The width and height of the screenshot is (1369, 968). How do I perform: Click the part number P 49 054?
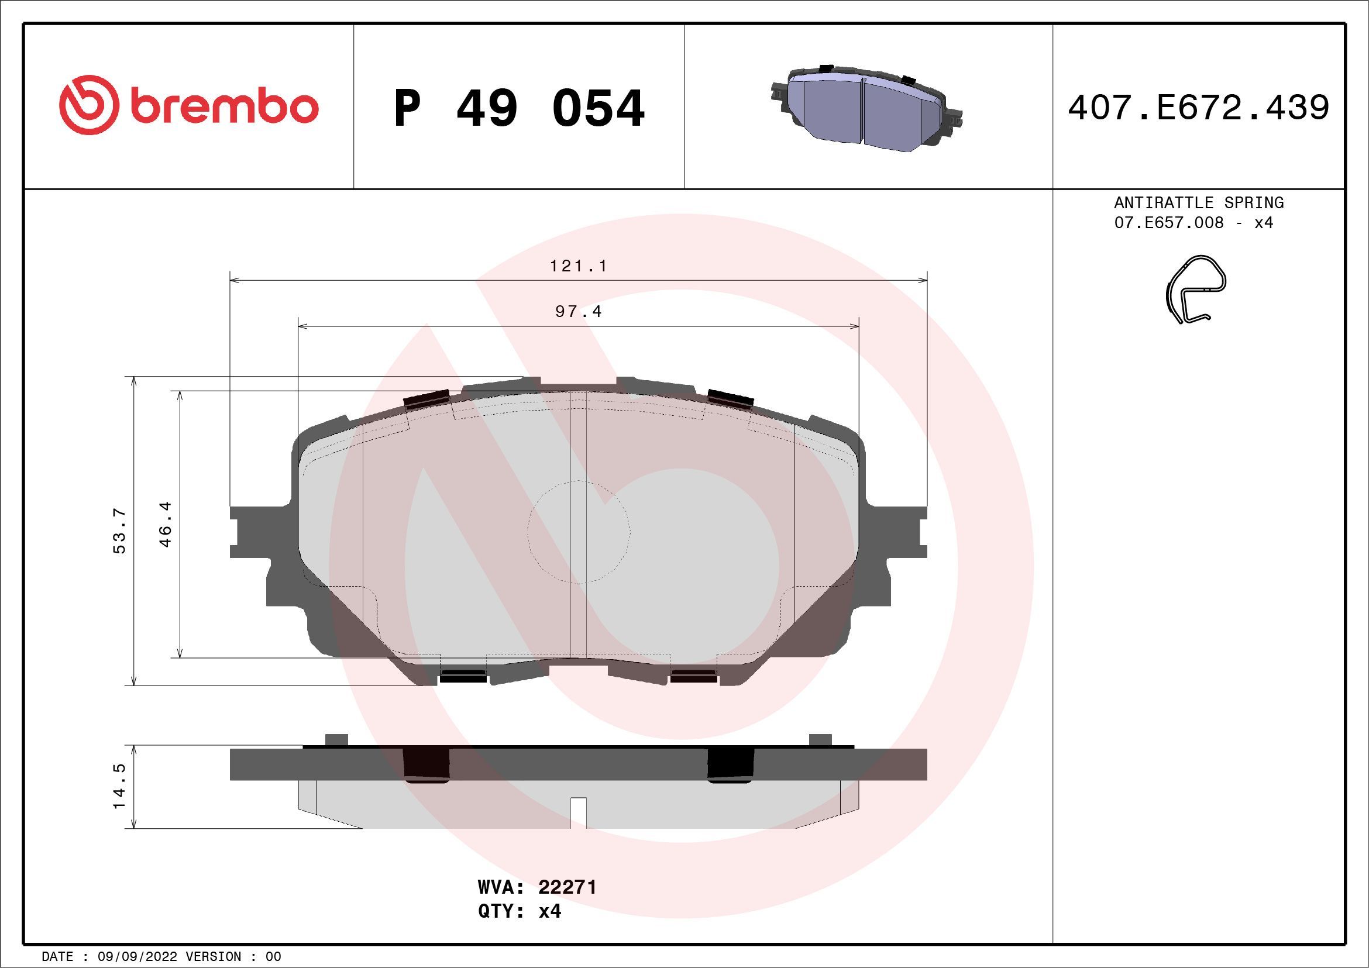pos(519,108)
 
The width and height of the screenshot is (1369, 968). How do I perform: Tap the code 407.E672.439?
pos(1199,108)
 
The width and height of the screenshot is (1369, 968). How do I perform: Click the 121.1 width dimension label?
pos(578,266)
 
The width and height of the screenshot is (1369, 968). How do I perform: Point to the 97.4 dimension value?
pos(578,312)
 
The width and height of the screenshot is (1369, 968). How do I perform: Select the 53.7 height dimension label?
pos(120,530)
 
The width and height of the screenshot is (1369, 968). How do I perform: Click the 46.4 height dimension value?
pos(166,524)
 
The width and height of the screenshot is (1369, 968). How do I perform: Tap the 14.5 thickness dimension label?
pos(120,786)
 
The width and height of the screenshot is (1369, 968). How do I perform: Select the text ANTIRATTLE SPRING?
pos(1199,202)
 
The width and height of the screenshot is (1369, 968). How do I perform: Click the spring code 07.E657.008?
pos(1169,223)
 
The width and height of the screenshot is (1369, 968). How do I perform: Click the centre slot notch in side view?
pos(579,812)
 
